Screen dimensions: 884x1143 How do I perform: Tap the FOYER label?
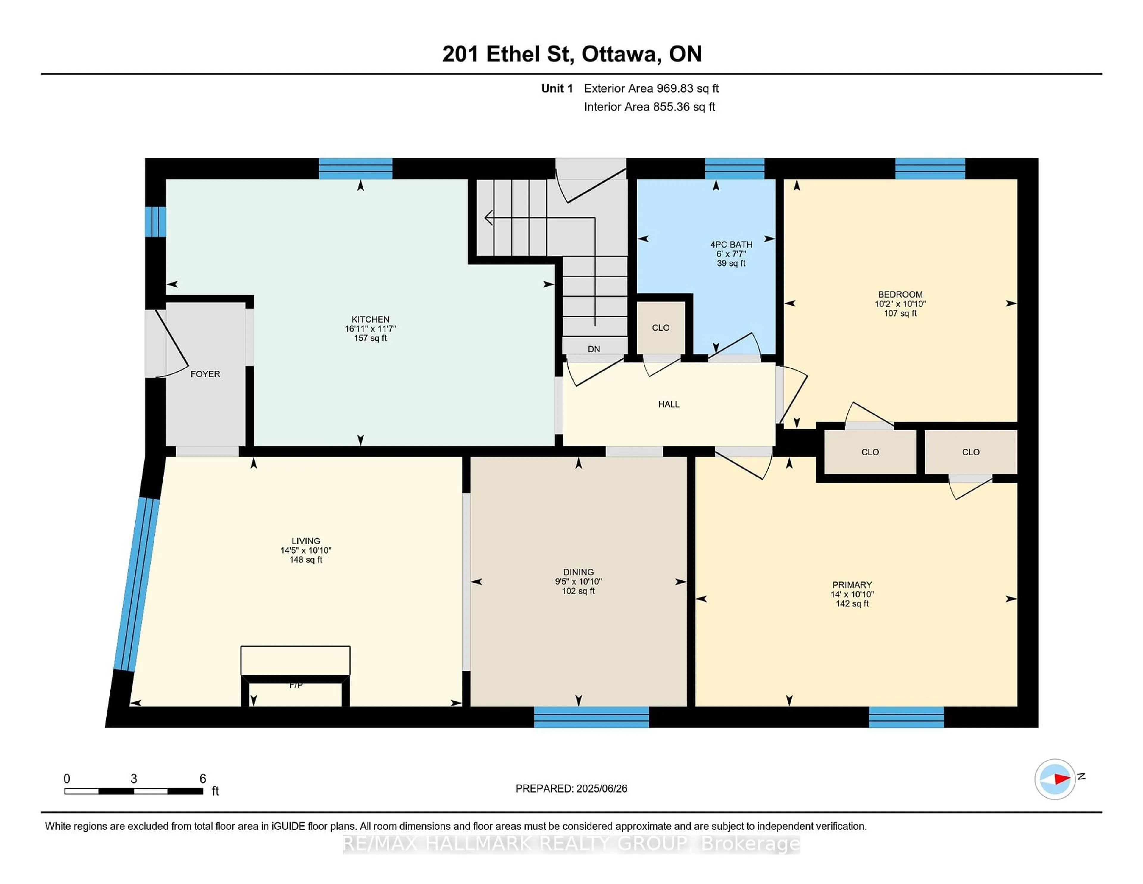click(x=205, y=374)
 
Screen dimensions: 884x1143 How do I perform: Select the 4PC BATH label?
click(x=731, y=244)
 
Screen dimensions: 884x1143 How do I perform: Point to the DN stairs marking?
click(x=594, y=349)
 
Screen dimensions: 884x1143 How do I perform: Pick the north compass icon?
click(x=1055, y=779)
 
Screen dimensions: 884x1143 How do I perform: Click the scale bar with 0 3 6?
click(x=134, y=791)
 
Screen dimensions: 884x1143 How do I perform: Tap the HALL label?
click(x=669, y=404)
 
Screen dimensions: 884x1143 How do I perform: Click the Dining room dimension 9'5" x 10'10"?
click(x=578, y=581)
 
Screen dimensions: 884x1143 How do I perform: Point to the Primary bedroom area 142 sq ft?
click(x=852, y=603)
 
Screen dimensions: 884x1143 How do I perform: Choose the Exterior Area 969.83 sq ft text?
click(x=651, y=88)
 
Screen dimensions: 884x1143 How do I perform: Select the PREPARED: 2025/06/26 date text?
click(x=571, y=788)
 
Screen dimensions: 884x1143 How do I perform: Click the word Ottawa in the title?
click(x=620, y=54)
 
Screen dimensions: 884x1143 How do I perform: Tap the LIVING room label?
click(x=306, y=541)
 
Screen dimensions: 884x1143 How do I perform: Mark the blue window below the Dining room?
click(x=591, y=717)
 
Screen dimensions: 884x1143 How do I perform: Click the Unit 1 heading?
click(x=557, y=88)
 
